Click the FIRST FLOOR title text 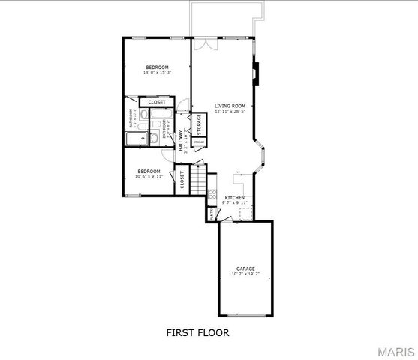(x=197, y=332)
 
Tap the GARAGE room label (x=246, y=268)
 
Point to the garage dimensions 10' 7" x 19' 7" (x=246, y=274)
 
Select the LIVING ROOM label (x=230, y=106)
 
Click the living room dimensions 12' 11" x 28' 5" (x=230, y=112)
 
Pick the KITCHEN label (x=235, y=197)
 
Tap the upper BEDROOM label (x=157, y=67)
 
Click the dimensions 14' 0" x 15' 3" (x=157, y=73)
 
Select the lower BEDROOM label (x=148, y=171)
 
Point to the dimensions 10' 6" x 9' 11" (x=148, y=177)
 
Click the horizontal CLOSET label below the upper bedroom (x=157, y=102)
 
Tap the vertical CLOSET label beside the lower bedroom (x=182, y=180)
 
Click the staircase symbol (x=197, y=180)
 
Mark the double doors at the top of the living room (x=210, y=42)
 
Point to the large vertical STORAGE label (x=199, y=123)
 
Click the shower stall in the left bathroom (x=137, y=139)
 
